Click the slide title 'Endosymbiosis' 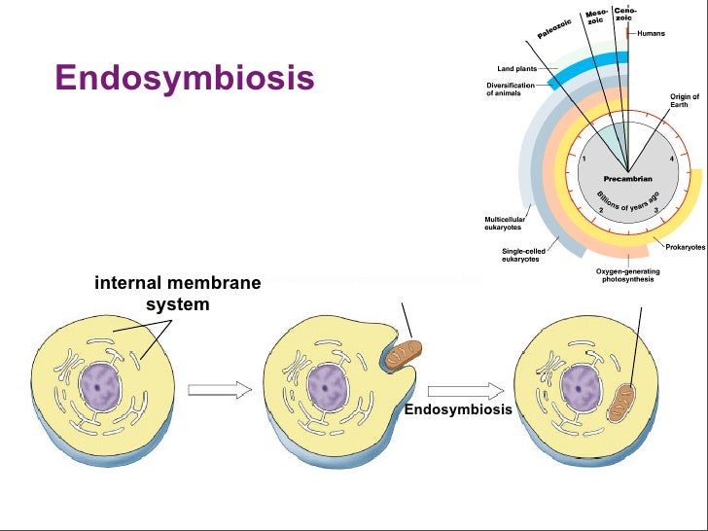click(185, 77)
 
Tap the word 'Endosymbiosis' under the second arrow click(458, 409)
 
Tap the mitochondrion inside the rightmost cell click(621, 401)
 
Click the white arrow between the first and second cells click(219, 389)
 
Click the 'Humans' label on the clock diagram click(652, 34)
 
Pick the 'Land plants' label click(518, 69)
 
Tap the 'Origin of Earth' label click(684, 100)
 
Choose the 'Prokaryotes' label click(685, 248)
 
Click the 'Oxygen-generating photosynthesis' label click(624, 275)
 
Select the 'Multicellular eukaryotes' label click(505, 224)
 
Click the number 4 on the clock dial click(671, 159)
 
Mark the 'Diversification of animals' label click(511, 89)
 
